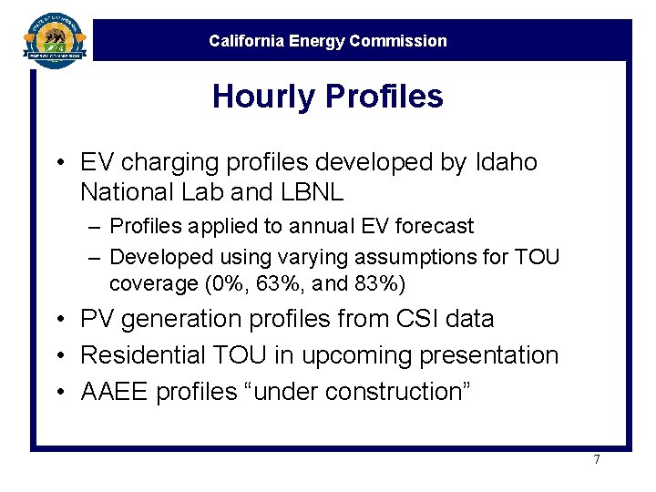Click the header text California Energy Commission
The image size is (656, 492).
click(328, 41)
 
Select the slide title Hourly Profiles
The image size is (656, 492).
click(327, 97)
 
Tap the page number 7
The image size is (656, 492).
click(597, 459)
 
